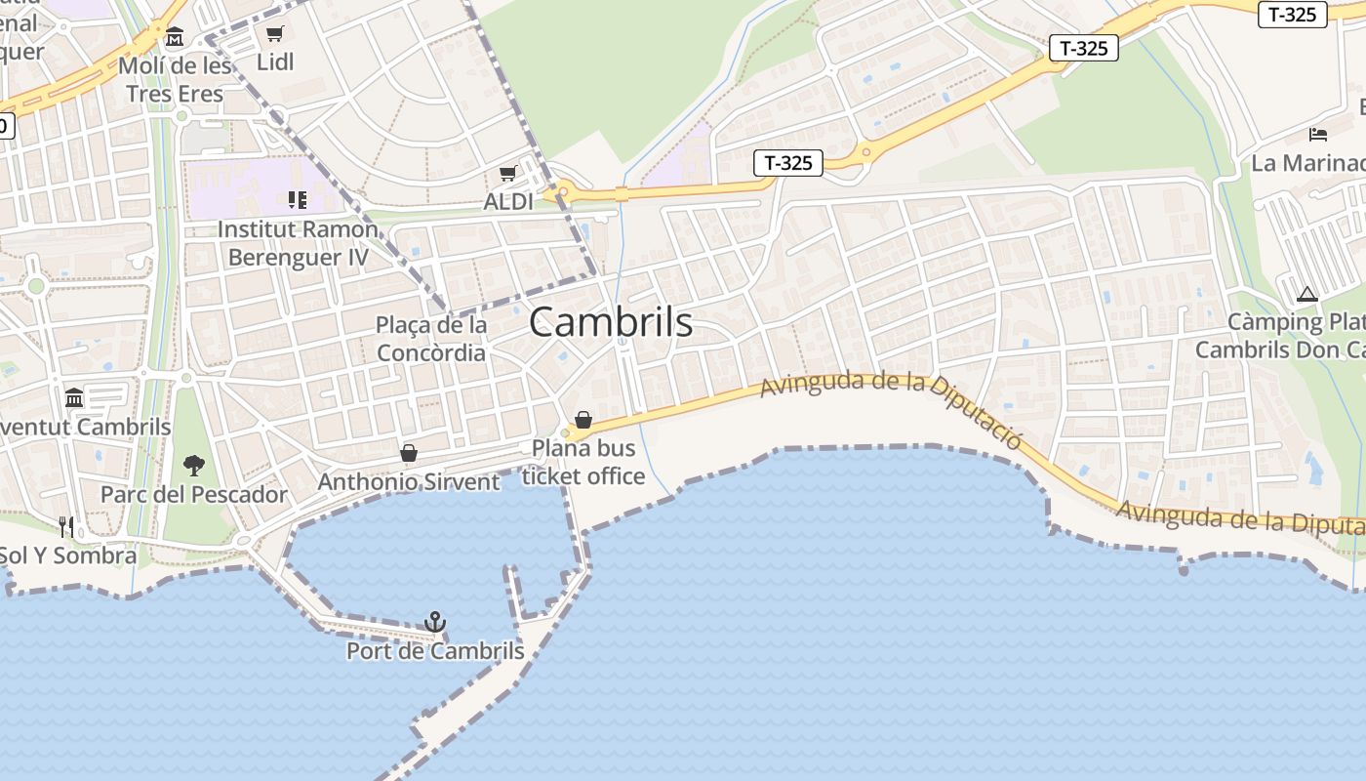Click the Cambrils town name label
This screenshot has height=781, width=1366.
[x=611, y=322]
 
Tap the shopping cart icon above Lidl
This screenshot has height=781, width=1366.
[x=275, y=34]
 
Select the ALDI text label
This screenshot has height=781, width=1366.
[x=508, y=202]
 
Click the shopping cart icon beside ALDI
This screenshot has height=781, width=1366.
[x=507, y=174]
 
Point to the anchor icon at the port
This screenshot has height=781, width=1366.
[x=435, y=622]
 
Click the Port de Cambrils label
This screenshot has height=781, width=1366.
[x=435, y=650]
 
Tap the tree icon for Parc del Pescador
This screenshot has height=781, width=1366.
[x=194, y=466]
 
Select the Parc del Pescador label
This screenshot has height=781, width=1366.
[x=194, y=494]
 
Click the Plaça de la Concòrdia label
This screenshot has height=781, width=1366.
[x=431, y=338]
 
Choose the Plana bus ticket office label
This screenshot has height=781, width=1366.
[x=583, y=462]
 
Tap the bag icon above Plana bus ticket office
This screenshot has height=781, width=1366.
[x=583, y=420]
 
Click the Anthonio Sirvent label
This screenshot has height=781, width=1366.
[x=409, y=481]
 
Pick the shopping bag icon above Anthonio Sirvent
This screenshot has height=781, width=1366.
[x=409, y=453]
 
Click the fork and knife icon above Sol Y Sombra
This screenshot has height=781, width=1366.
[x=66, y=527]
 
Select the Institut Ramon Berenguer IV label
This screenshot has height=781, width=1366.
[x=298, y=243]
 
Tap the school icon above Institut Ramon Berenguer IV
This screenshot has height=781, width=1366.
[x=298, y=200]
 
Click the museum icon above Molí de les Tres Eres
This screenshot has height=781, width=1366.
[x=175, y=37]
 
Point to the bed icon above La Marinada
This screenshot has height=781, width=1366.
[x=1318, y=134]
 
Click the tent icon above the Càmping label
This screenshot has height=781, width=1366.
[x=1307, y=294]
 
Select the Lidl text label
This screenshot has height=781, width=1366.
[x=275, y=62]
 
